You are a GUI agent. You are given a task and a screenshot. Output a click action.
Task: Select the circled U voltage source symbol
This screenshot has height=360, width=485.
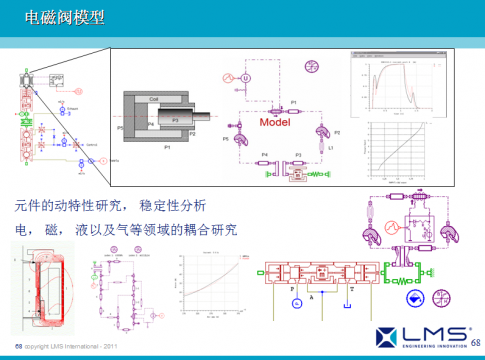(x=246, y=77)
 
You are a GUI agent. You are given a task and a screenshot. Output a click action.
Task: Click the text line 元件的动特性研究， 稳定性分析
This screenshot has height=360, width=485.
(x=110, y=206)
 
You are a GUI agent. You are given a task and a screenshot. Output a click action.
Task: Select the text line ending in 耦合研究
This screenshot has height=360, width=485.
(x=126, y=230)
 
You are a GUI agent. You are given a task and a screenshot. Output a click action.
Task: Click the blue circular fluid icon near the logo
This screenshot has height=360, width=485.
(x=413, y=299)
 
